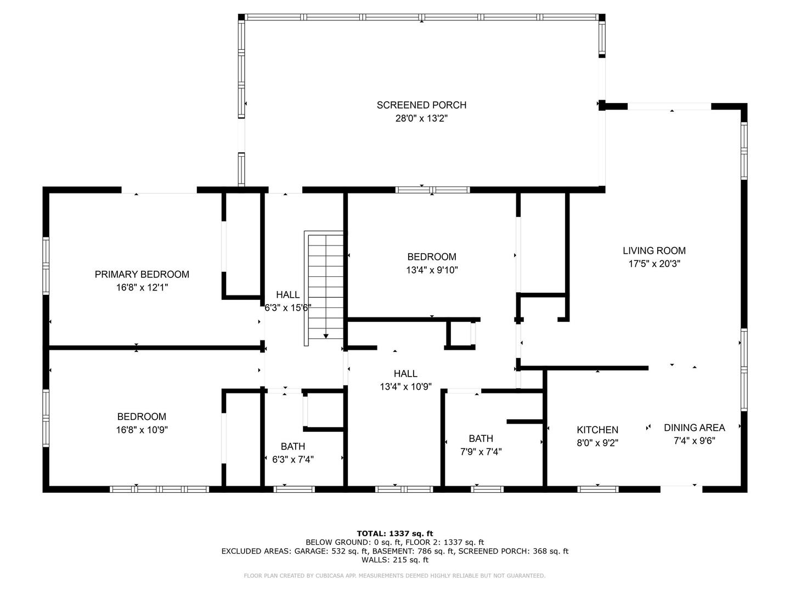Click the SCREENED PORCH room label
[x=421, y=105]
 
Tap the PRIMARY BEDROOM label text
[x=142, y=274]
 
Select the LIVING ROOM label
[x=654, y=251]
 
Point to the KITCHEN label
[x=597, y=430]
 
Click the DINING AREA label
[x=694, y=428]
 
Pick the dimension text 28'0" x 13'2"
[x=421, y=118]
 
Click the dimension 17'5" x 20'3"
[x=654, y=264]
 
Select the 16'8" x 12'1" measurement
[x=142, y=288]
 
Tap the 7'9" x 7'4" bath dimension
[x=481, y=452]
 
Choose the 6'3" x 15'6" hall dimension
[x=287, y=308]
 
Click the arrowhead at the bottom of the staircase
[x=326, y=336]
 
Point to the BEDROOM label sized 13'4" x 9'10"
[x=432, y=257]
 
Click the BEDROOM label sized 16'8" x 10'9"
[x=142, y=417]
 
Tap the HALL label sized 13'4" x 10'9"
[x=405, y=373]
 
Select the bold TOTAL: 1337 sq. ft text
[x=395, y=533]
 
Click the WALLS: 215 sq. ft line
[x=395, y=560]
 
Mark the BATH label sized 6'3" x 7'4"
[x=293, y=446]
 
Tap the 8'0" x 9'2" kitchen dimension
[x=597, y=443]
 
